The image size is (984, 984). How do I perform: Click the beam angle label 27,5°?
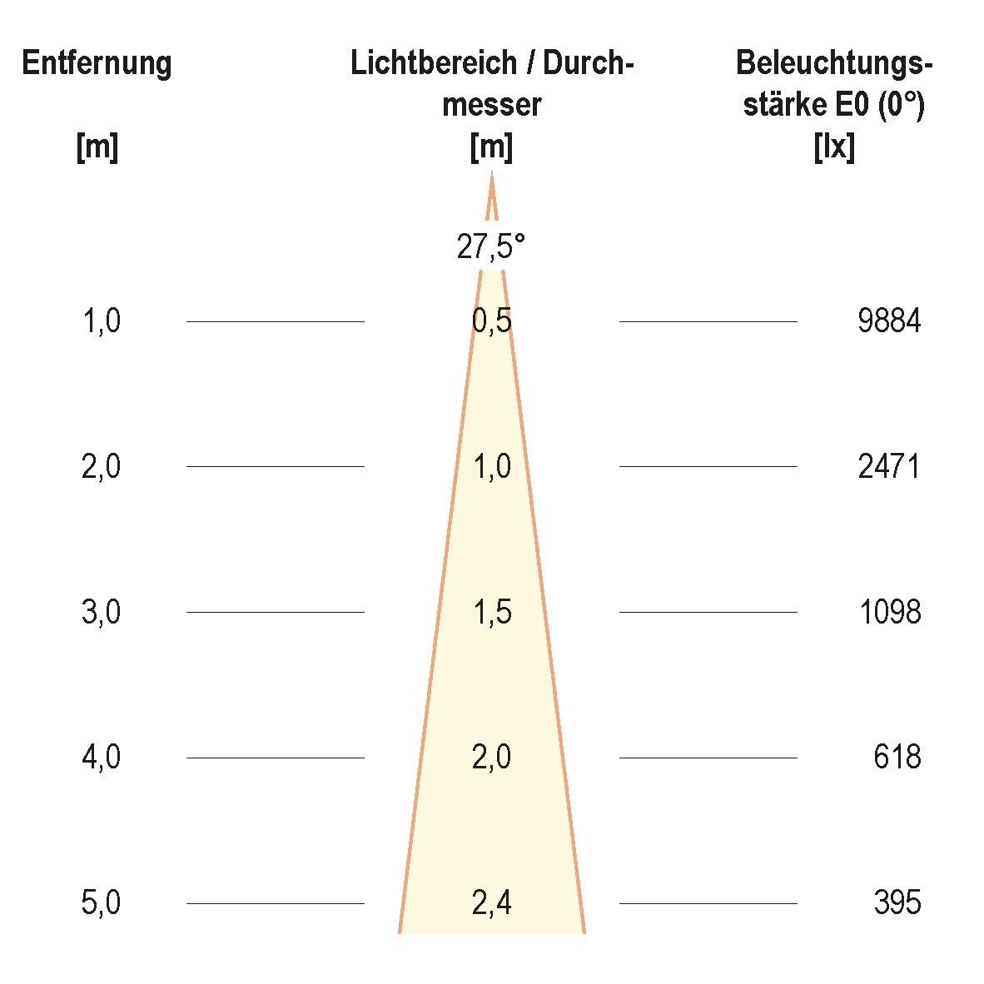point(491,247)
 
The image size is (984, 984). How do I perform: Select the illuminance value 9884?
point(889,321)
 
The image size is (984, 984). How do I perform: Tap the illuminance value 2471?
point(889,467)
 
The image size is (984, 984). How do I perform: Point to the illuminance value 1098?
point(889,613)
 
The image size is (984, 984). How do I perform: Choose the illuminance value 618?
point(897,758)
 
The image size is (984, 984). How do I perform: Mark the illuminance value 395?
point(897,903)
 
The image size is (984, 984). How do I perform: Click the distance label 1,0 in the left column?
point(102,321)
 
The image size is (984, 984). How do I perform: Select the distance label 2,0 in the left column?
point(102,467)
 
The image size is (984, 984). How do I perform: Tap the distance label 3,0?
point(102,613)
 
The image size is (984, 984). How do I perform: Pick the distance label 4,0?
point(102,758)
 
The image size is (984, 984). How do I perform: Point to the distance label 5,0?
point(102,903)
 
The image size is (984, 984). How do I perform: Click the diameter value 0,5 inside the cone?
point(491,321)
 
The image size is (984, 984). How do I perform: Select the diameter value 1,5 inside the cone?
point(491,613)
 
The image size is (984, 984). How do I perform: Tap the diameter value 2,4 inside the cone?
point(491,903)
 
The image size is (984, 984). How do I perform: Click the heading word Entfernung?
point(97,63)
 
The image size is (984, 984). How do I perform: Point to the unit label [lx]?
point(833,148)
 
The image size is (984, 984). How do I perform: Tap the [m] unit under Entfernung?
point(97,148)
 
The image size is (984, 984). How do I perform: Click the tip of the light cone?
point(491,173)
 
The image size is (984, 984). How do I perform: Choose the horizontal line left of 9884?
point(708,321)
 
